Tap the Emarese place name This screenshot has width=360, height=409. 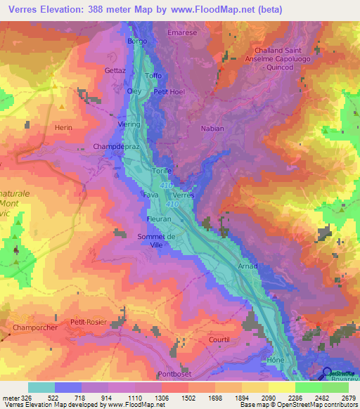click(x=181, y=32)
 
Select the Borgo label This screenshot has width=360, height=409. click(x=136, y=41)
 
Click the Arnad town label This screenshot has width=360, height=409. click(x=247, y=266)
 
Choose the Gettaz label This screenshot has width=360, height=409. click(x=115, y=71)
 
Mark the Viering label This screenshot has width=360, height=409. click(x=130, y=124)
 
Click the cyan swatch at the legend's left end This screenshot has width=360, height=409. click(x=41, y=387)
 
